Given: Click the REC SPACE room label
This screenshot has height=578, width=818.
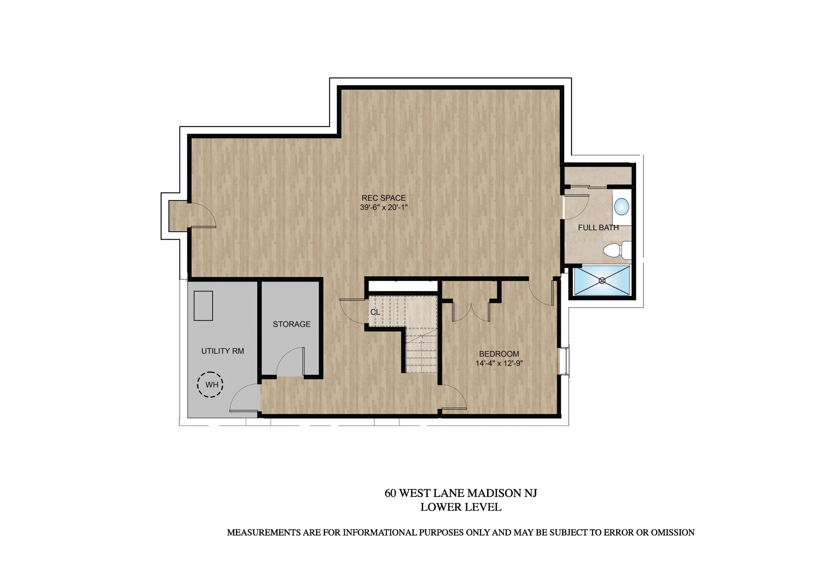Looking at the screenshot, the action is pyautogui.click(x=383, y=198).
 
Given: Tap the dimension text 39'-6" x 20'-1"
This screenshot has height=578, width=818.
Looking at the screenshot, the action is pyautogui.click(x=383, y=207).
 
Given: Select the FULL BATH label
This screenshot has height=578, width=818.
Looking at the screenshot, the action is pyautogui.click(x=598, y=228).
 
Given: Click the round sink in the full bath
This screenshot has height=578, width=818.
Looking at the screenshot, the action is pyautogui.click(x=622, y=206).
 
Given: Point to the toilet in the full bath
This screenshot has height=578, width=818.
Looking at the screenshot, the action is pyautogui.click(x=617, y=250).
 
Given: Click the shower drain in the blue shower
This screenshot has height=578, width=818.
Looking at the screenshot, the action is pyautogui.click(x=602, y=280).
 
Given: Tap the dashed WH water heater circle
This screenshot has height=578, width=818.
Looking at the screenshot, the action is pyautogui.click(x=210, y=384).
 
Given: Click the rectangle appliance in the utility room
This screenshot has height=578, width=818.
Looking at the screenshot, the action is pyautogui.click(x=203, y=306).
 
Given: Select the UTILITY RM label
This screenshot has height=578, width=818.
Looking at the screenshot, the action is pyautogui.click(x=223, y=351).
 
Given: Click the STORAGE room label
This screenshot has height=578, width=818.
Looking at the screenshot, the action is pyautogui.click(x=292, y=324).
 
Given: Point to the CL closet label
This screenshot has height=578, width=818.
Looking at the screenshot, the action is pyautogui.click(x=375, y=312).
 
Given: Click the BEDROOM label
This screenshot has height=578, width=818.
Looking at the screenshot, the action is pyautogui.click(x=499, y=354).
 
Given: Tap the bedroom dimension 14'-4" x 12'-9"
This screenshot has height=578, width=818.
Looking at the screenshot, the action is pyautogui.click(x=499, y=363).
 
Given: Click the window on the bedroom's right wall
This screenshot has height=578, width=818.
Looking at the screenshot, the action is pyautogui.click(x=565, y=361).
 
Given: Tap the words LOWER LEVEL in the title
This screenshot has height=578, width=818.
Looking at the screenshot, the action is pyautogui.click(x=461, y=507).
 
